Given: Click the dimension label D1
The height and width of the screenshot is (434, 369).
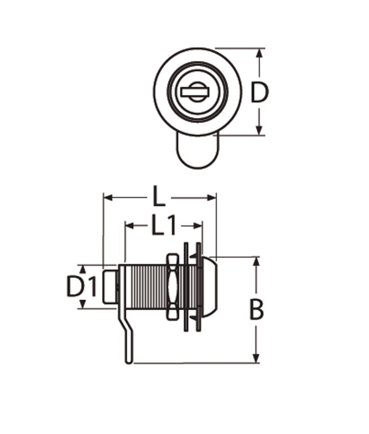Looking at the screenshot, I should point(82,287).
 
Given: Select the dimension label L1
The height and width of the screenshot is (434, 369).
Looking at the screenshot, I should point(164,226).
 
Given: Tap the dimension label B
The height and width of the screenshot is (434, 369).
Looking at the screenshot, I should point(256,310).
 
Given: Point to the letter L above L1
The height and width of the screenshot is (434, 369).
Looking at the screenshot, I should point(159,198).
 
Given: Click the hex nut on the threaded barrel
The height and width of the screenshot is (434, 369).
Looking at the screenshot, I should point(173,287).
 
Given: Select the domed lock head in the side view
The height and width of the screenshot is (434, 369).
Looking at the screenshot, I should point(210,287).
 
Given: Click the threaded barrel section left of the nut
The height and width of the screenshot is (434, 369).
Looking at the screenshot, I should point(145,287).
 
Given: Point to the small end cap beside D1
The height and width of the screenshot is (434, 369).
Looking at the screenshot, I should point(109,287).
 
